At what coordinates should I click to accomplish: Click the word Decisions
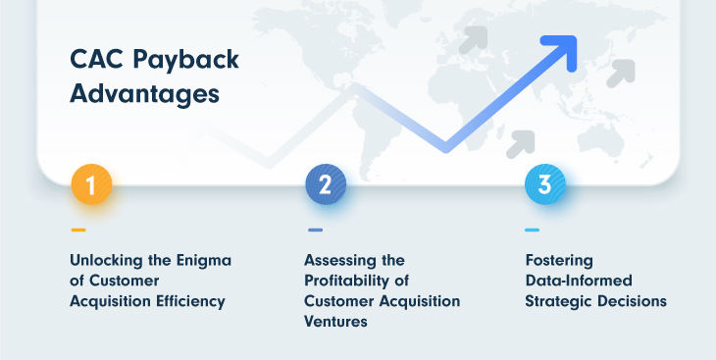coord(635,301)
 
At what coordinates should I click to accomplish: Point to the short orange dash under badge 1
coord(78,231)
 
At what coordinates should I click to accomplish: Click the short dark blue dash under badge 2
coord(315,231)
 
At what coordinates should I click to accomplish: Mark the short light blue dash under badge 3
coord(532,231)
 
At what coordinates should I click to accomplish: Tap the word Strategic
coord(561,301)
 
